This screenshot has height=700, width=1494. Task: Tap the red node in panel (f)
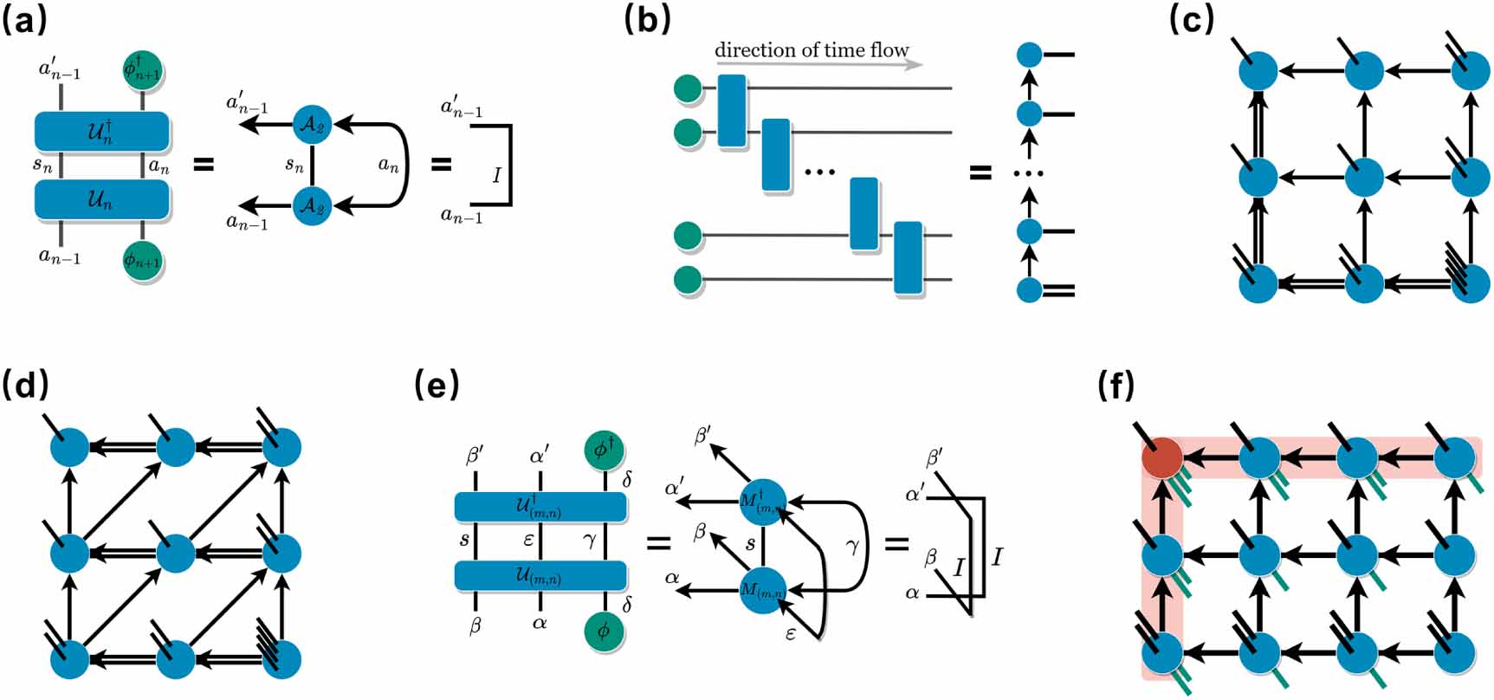[1161, 457]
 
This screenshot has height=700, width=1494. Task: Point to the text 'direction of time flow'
[811, 50]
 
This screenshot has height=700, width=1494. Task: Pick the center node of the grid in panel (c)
[1364, 178]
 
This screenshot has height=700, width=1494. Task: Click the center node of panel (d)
[176, 553]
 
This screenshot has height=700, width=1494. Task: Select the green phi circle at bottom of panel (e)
[603, 631]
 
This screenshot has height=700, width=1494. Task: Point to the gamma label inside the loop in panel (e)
[852, 547]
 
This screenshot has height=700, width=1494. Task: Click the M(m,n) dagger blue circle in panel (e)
[763, 500]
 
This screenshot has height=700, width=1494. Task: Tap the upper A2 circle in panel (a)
[312, 125]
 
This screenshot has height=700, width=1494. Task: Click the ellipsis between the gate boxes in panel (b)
[819, 172]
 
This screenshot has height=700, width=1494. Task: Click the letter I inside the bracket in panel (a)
[496, 175]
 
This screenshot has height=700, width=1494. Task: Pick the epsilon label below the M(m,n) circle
[790, 633]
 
